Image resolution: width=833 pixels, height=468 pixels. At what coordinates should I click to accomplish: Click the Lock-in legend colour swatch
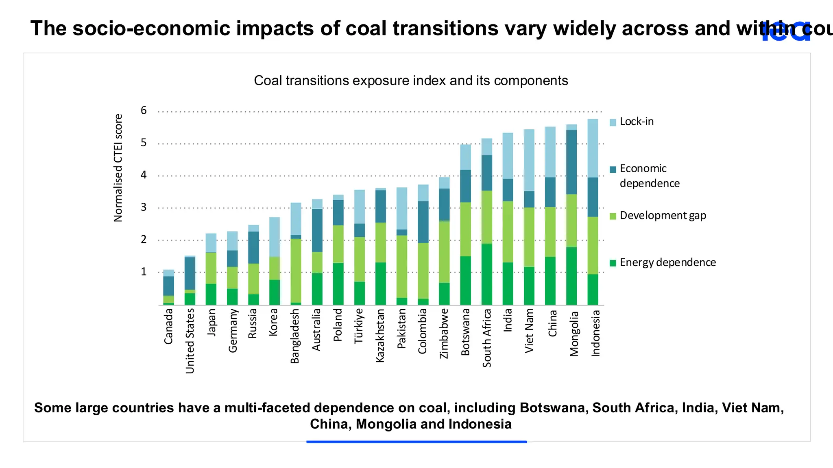pyautogui.click(x=613, y=122)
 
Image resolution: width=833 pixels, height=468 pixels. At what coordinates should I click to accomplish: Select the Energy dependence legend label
pyautogui.click(x=667, y=262)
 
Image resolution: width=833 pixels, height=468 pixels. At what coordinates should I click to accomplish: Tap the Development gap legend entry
pyautogui.click(x=663, y=215)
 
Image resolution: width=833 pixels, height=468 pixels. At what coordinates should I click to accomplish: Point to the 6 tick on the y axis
pyautogui.click(x=144, y=110)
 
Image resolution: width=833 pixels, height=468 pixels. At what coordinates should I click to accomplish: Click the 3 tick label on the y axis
pyautogui.click(x=144, y=207)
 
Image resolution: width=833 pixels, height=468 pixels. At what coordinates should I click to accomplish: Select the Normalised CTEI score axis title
pyautogui.click(x=118, y=168)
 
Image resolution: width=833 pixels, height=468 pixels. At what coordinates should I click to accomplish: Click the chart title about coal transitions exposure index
pyautogui.click(x=411, y=80)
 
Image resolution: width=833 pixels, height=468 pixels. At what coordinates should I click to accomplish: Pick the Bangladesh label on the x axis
pyautogui.click(x=295, y=336)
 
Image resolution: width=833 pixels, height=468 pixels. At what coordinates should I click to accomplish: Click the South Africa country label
pyautogui.click(x=487, y=338)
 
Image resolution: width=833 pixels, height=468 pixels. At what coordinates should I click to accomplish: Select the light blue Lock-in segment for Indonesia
pyautogui.click(x=593, y=148)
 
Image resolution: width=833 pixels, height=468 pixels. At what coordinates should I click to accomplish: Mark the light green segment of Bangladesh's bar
pyautogui.click(x=296, y=271)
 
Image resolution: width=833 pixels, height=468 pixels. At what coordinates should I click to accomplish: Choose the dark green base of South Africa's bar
pyautogui.click(x=486, y=274)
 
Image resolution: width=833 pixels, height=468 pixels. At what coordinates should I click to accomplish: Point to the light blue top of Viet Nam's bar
pyautogui.click(x=529, y=160)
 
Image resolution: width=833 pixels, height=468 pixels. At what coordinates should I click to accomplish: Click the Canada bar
pyautogui.click(x=169, y=287)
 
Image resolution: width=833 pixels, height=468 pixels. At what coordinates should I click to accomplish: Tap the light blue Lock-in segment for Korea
pyautogui.click(x=275, y=237)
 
